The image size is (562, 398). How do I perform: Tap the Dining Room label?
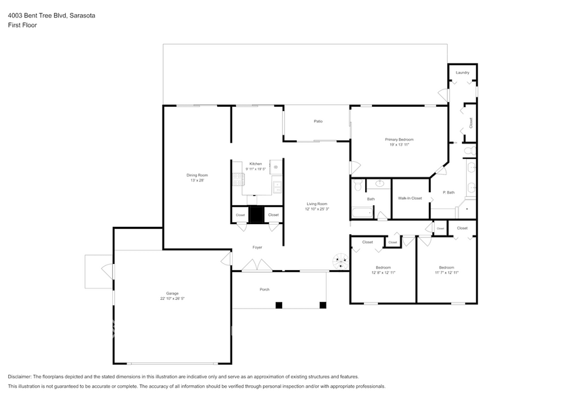pos(197,175)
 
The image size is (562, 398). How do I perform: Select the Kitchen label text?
pos(255,164)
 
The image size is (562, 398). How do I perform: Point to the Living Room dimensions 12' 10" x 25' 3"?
pos(317,209)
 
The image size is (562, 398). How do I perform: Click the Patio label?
pos(318,122)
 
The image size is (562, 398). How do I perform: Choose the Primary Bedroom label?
pos(399,139)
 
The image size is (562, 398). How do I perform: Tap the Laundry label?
pos(462,72)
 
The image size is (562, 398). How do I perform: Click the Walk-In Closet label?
pos(410,198)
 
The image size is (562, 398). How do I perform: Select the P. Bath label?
pos(448,192)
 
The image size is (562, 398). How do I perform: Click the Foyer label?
pos(257,247)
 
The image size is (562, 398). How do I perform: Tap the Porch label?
pos(264,289)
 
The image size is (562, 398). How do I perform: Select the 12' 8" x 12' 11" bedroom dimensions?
pos(383,273)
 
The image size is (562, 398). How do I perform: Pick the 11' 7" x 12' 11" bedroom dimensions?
pos(447,273)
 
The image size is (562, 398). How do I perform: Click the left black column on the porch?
pos(279,305)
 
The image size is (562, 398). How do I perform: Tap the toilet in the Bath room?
pos(358,183)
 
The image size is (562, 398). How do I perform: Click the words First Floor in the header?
pos(22,25)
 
